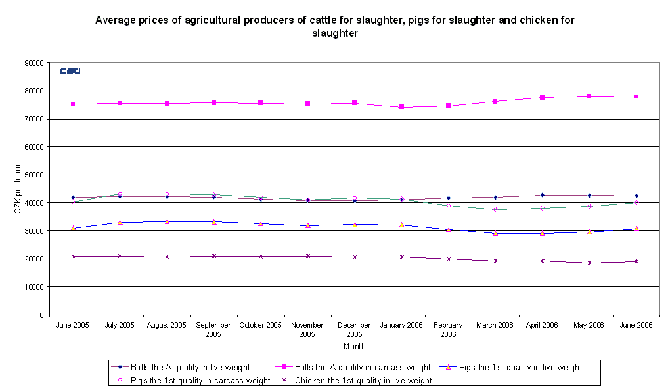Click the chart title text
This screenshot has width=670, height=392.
(x=335, y=26)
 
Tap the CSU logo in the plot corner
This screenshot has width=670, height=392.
(x=70, y=71)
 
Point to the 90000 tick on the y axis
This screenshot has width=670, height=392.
(x=34, y=63)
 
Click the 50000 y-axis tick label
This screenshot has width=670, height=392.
(x=34, y=175)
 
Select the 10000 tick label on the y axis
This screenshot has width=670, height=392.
(x=34, y=287)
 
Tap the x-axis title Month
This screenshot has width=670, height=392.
(x=354, y=346)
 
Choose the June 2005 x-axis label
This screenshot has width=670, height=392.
(x=73, y=325)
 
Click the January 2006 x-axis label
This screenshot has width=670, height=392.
(x=401, y=325)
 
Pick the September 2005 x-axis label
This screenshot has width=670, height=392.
(x=213, y=329)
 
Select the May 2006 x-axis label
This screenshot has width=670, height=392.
(x=589, y=325)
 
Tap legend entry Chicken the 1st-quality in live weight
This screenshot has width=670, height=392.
(x=363, y=380)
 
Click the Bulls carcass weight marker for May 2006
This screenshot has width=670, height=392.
(x=589, y=96)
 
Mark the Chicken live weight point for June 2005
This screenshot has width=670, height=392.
(x=73, y=256)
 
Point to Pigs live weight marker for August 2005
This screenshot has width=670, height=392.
(x=167, y=221)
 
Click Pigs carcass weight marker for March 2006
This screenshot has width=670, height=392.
(x=495, y=209)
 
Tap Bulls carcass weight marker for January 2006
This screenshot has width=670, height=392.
(x=401, y=107)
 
